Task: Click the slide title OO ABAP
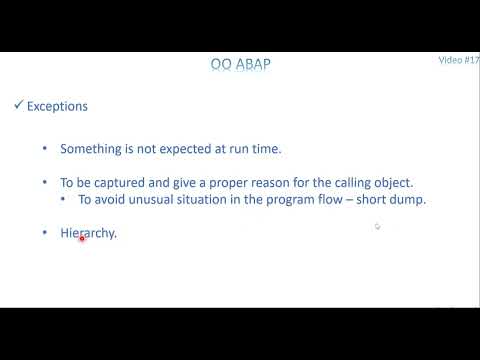point(240,66)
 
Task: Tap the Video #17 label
point(459,60)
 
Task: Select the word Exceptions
point(57,105)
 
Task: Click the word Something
point(91,148)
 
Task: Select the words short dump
point(397,200)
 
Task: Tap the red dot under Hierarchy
point(81,239)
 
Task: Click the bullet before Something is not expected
point(44,148)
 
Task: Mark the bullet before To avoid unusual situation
point(63,200)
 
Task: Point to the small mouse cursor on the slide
point(377,227)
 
